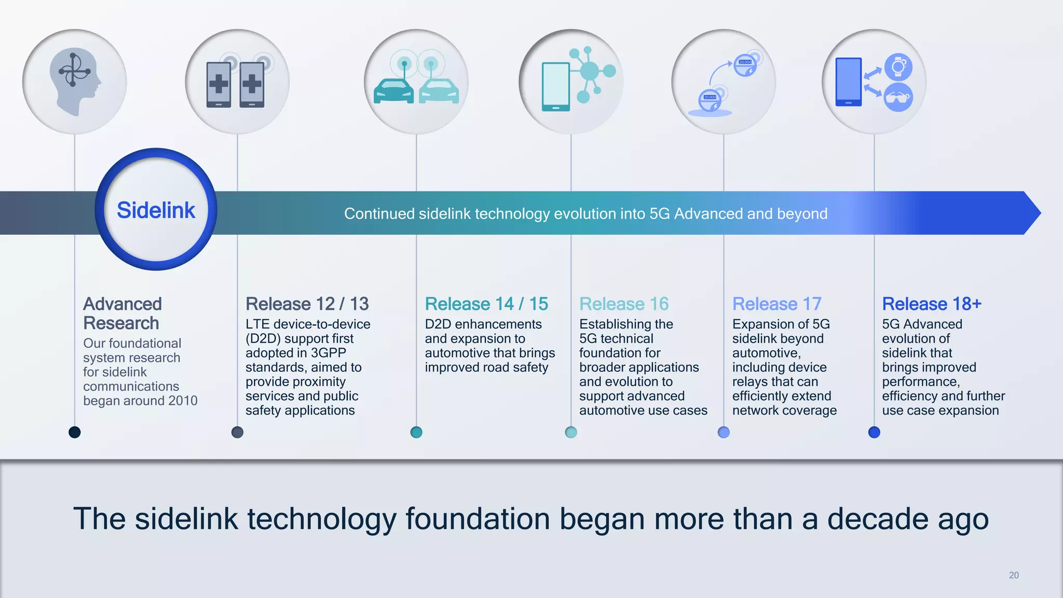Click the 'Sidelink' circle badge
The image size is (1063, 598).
[x=156, y=210]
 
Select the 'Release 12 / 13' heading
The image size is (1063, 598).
[x=307, y=304]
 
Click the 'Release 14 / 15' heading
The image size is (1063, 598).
[x=486, y=304]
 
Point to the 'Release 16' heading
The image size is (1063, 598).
[x=624, y=304]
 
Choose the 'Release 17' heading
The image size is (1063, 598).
[x=776, y=304]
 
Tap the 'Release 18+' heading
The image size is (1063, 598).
[x=932, y=304]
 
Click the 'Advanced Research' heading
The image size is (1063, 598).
[x=122, y=313]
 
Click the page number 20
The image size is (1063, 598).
[x=1014, y=575]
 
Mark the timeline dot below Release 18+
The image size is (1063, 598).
[x=874, y=432]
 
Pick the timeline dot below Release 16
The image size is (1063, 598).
[x=571, y=432]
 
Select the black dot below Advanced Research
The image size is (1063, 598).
[x=75, y=432]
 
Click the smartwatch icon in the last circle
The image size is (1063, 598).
[x=898, y=67]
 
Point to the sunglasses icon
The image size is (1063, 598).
[x=898, y=98]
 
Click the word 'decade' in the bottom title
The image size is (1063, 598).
[x=877, y=519]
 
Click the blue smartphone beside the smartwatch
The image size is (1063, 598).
[x=848, y=82]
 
